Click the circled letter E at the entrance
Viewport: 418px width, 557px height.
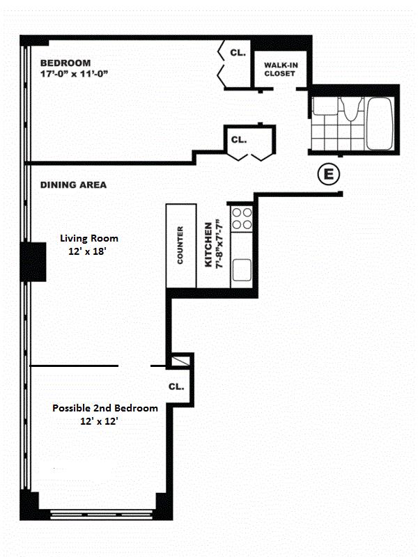[x=328, y=175]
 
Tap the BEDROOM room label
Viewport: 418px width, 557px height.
[x=65, y=63]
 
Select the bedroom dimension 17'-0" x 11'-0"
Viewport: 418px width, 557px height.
[x=74, y=74]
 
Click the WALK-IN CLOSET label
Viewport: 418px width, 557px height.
[x=281, y=69]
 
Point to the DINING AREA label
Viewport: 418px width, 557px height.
[x=73, y=185]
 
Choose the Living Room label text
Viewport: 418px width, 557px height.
[x=89, y=238]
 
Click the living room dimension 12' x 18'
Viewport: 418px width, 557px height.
[x=88, y=251]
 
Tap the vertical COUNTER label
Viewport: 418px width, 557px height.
[x=180, y=245]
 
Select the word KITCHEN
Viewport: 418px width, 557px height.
[x=208, y=244]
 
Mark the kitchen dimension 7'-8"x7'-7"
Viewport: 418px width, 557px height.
[x=219, y=244]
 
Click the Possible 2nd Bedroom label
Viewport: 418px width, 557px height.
[x=105, y=408]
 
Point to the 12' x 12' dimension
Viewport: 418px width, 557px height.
[x=99, y=421]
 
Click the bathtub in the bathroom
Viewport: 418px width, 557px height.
[x=380, y=124]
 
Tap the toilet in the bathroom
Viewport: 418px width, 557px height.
[x=350, y=109]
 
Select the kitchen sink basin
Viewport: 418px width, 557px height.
[x=242, y=270]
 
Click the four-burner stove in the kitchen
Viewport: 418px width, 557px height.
[x=242, y=219]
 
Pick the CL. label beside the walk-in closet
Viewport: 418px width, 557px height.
[x=238, y=53]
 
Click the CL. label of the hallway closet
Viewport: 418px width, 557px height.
[x=239, y=140]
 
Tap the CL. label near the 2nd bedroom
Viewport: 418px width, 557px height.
[x=176, y=386]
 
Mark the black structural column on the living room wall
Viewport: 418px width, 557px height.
[x=33, y=262]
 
